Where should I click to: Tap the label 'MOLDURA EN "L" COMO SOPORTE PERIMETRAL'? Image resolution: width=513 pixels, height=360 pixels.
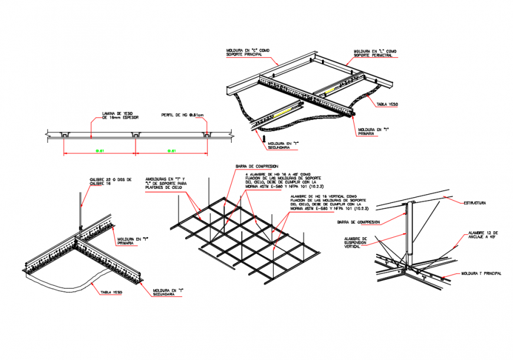tap(374, 54)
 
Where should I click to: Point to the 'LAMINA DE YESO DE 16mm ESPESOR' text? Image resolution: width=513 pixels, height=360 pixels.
tap(120, 116)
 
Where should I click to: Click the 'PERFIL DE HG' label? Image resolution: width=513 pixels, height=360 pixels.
tap(182, 115)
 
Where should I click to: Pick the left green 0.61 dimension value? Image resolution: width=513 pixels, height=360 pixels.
tap(100, 151)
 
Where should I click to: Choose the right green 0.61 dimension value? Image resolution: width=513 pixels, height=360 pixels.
tap(170, 151)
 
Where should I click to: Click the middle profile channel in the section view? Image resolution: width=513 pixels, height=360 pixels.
tap(136, 136)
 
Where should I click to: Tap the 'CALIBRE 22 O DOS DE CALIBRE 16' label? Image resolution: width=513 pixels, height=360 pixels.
tap(110, 182)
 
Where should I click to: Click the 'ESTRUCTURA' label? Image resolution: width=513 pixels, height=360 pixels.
tap(474, 203)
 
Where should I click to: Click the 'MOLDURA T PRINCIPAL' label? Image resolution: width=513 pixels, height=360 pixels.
tap(482, 274)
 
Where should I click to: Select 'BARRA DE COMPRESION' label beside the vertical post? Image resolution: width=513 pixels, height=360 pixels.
tap(357, 222)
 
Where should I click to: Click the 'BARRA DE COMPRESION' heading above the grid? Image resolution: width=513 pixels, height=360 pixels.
tap(257, 166)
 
